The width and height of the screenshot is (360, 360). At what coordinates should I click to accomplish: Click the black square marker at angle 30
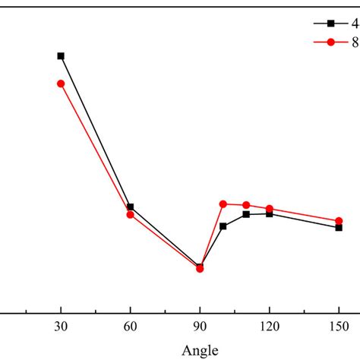[x=61, y=56]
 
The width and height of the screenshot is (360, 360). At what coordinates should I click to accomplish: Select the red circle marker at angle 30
[x=61, y=84]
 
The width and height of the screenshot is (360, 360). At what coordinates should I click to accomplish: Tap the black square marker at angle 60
[x=131, y=207]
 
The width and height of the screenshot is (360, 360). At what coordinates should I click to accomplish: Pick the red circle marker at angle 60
[x=131, y=215]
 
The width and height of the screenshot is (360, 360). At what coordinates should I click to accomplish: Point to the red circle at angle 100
[x=223, y=204]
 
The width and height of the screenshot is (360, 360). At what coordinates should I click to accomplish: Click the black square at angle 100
[x=223, y=226]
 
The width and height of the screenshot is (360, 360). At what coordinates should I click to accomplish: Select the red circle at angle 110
[x=246, y=205]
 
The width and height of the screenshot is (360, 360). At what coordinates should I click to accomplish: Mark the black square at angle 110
[x=246, y=214]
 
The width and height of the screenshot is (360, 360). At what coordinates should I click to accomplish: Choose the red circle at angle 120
[x=270, y=208]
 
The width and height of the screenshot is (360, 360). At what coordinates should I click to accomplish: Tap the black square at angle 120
[x=270, y=213]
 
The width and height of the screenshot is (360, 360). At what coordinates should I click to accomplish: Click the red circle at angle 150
[x=339, y=221]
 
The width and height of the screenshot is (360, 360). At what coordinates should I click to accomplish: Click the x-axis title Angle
[x=200, y=350]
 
